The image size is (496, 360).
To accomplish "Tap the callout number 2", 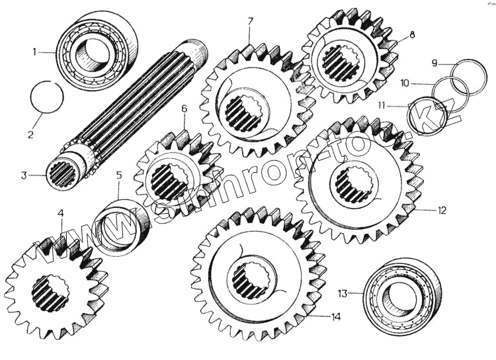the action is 30,134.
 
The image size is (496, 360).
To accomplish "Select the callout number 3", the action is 24,175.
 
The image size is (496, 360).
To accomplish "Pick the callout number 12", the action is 442,210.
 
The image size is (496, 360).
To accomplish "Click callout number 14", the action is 336,317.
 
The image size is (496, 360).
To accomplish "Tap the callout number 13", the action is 342,292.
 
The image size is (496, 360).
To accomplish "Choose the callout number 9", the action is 434,64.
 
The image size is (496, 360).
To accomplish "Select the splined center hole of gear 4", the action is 50,293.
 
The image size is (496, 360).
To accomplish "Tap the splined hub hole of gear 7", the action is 244,112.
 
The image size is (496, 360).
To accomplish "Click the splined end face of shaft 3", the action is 63,174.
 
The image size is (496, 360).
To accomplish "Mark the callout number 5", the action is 119,175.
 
